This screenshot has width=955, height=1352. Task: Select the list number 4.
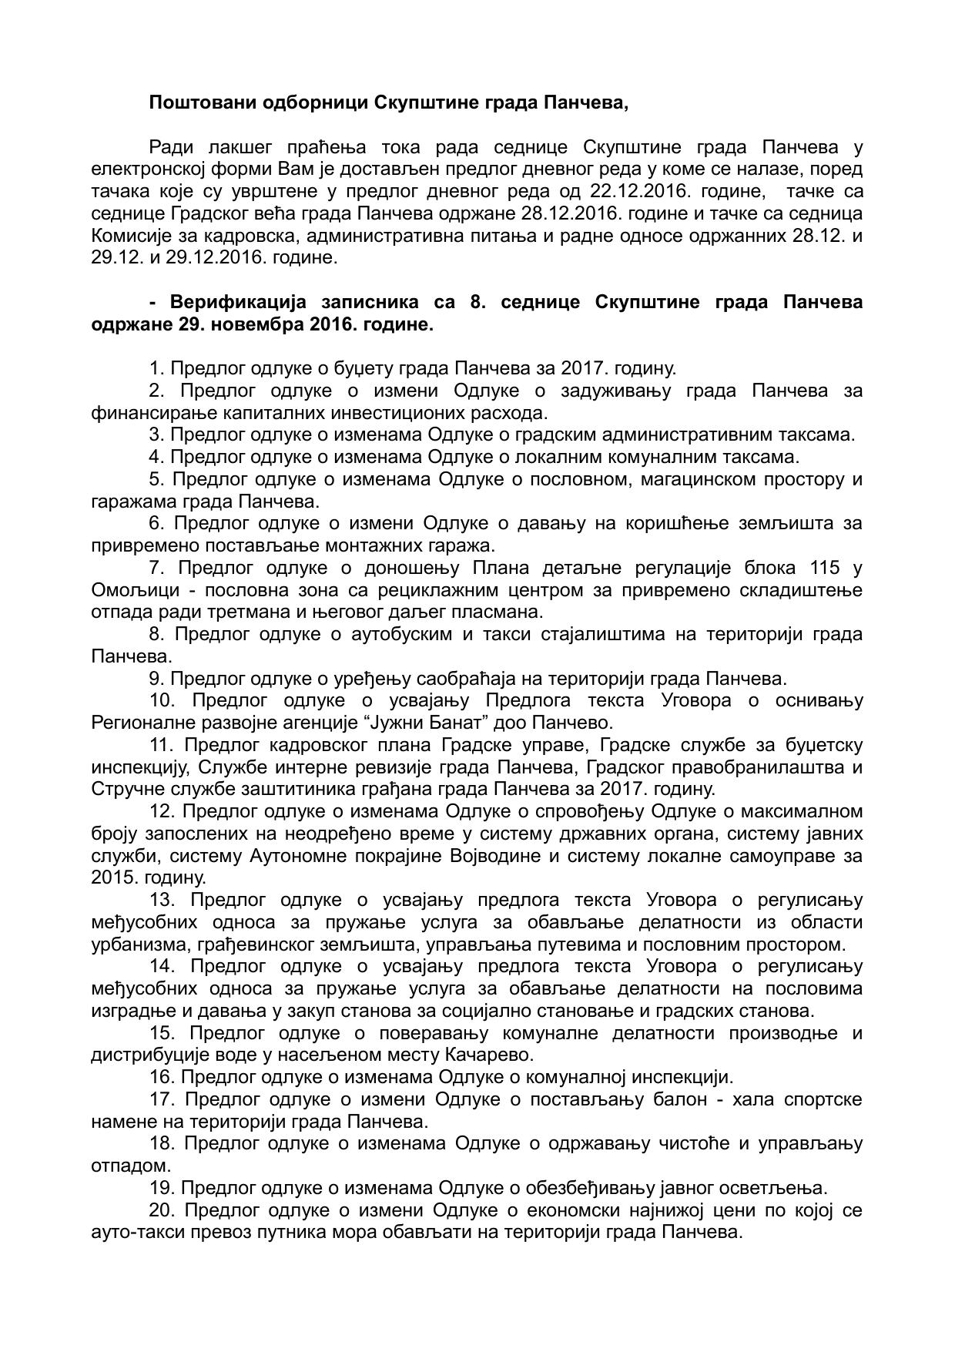click(x=156, y=457)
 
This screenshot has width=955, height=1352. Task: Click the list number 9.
click(x=156, y=679)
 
